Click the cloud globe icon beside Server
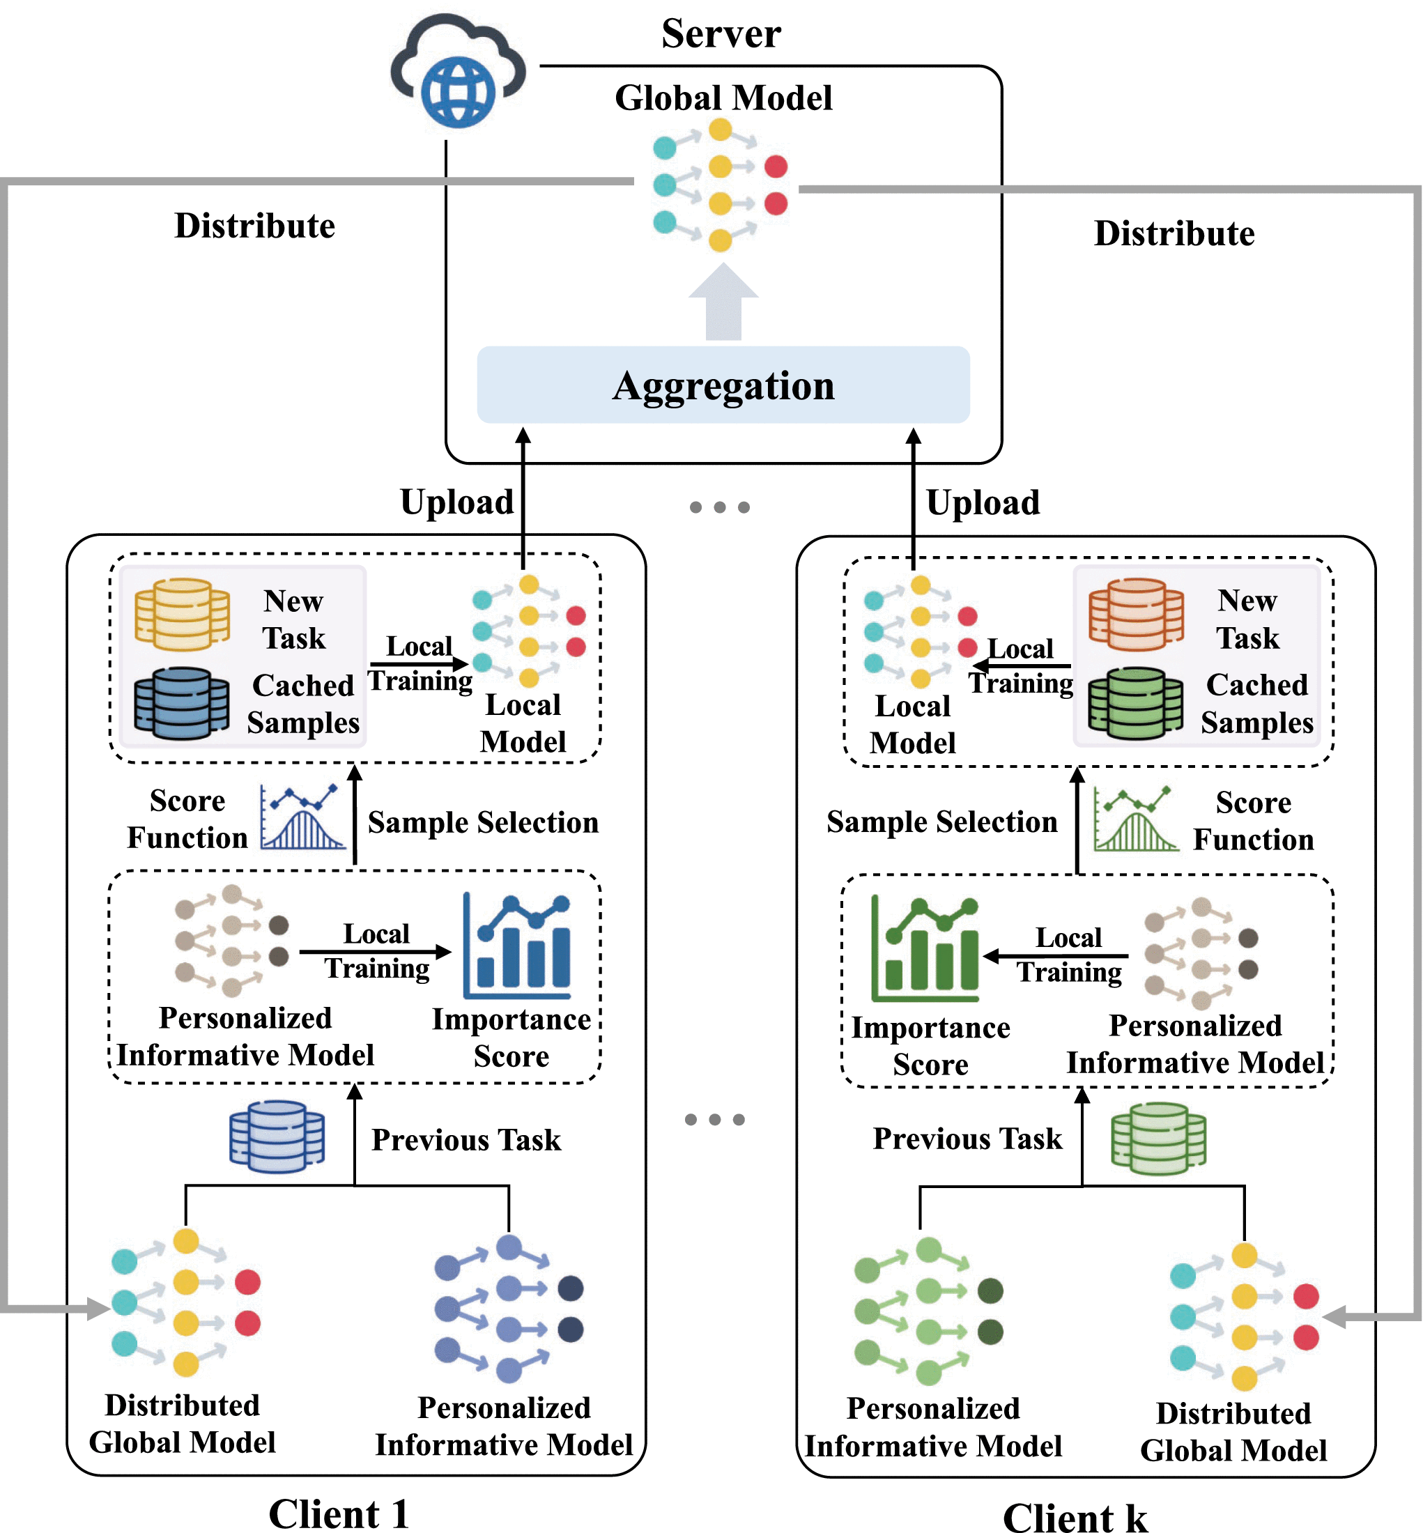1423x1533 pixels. point(459,75)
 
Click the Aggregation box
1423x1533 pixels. point(723,385)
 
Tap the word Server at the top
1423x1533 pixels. point(721,34)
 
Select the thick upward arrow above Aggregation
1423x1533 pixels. point(723,302)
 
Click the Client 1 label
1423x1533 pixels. point(338,1513)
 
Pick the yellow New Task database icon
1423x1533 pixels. point(182,614)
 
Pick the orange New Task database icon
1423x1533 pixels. point(1136,614)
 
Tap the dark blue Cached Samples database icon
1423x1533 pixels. point(182,703)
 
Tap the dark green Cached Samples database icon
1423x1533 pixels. point(1136,703)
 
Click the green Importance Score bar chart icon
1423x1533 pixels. point(925,948)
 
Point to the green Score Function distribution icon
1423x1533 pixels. point(1135,819)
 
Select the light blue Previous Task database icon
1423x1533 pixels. point(277,1137)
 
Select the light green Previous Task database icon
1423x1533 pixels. point(1158,1138)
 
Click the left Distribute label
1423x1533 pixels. point(254,226)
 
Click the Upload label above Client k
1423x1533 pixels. point(983,503)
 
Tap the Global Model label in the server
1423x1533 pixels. point(723,98)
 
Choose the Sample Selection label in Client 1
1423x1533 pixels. point(483,822)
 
